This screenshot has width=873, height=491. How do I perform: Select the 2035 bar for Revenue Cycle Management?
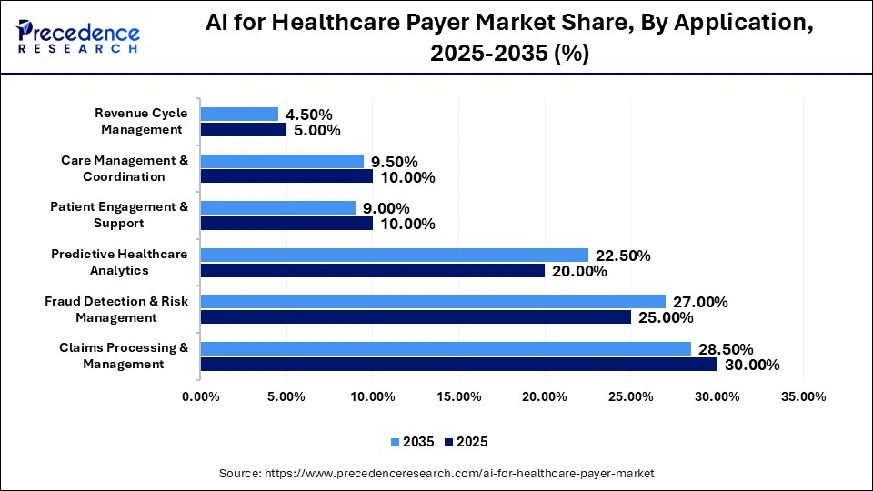239,114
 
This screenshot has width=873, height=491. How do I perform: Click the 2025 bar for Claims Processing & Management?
458,365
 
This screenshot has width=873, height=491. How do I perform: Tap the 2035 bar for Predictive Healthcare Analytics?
394,255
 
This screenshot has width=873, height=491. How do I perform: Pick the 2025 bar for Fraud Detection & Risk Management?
416,317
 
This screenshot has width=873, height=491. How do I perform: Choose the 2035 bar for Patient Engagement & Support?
277,207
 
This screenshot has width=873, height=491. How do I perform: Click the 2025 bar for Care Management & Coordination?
286,176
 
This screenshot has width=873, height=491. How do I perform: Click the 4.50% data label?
309,115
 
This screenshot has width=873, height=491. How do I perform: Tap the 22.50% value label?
623,256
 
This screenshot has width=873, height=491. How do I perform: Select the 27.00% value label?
700,302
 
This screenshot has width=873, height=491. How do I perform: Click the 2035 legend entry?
412,442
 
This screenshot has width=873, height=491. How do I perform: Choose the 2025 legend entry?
466,442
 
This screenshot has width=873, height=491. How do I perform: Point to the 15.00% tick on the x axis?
458,396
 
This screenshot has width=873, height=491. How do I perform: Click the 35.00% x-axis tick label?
803,396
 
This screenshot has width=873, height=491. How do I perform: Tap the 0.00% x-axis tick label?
200,396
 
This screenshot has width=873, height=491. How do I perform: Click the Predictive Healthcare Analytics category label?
119,262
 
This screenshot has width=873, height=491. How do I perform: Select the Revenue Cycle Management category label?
141,121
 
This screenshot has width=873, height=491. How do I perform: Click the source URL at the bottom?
458,474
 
